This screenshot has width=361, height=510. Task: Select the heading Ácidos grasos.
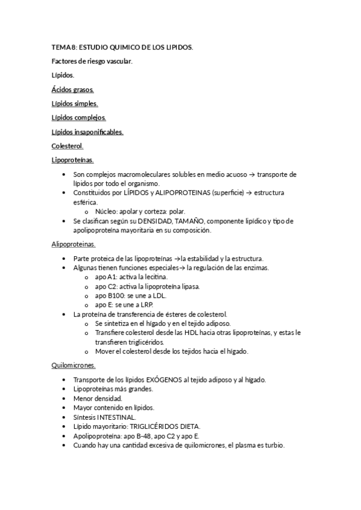point(72,90)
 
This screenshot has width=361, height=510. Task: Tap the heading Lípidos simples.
point(75,103)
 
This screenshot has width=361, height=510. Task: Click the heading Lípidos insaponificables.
point(87,132)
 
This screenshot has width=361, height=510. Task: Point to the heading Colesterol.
point(67,146)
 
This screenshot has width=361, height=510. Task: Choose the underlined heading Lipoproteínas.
point(73,160)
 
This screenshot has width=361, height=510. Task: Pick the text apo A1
point(105,277)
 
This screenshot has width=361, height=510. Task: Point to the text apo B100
point(109,295)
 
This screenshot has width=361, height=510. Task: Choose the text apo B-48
point(132,435)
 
